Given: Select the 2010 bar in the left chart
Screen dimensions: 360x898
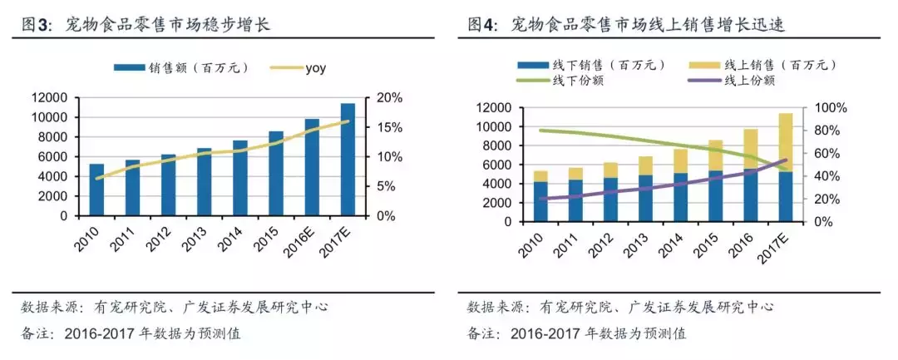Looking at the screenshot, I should (96, 190).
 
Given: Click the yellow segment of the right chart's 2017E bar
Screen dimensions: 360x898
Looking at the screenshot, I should (785, 142).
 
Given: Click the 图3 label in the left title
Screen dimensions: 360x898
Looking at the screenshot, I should (38, 25).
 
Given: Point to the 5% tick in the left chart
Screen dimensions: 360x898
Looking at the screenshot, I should (387, 186).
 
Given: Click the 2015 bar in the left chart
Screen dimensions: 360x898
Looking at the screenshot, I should (276, 173).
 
